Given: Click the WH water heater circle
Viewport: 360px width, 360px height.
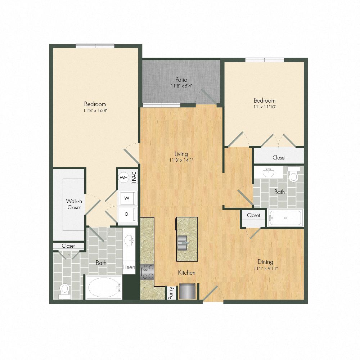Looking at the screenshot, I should tap(123, 177).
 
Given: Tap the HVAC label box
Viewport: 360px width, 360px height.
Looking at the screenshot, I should tap(134, 177).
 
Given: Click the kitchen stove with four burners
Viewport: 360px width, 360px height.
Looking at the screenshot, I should tap(147, 271).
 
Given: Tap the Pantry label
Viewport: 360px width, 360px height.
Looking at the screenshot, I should tap(171, 293).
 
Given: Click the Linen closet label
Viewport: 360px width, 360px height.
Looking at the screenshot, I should tap(129, 267).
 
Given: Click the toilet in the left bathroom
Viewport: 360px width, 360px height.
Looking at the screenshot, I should tap(65, 290).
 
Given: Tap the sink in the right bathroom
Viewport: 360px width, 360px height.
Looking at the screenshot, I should tap(268, 173).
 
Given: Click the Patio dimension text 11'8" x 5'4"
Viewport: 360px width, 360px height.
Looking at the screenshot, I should tap(181, 86).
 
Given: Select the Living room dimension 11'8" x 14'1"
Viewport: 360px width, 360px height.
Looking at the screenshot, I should tap(181, 160).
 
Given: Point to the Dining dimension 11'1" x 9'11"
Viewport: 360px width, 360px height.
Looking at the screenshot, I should tap(265, 268).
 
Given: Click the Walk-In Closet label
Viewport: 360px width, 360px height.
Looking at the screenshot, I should tap(73, 204).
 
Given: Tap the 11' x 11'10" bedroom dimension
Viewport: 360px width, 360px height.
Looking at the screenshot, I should tap(265, 107).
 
